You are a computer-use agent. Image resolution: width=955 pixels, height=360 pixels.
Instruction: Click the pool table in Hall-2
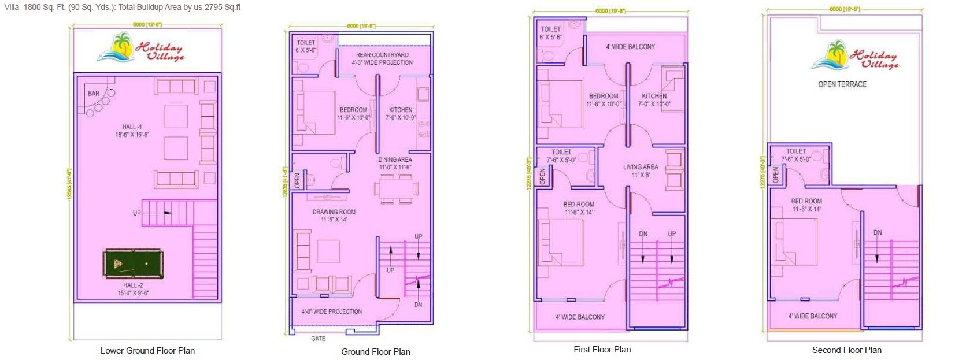tap(133, 264)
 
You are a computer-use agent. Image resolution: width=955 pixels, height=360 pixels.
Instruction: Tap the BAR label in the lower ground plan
tap(94, 93)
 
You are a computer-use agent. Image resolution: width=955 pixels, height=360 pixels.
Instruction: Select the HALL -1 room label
tap(132, 127)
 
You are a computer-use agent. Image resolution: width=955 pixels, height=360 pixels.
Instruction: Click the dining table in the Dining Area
tap(396, 188)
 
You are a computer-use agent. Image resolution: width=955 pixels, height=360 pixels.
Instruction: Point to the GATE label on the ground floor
tap(318, 339)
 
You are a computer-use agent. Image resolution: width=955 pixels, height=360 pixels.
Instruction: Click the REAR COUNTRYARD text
tap(382, 55)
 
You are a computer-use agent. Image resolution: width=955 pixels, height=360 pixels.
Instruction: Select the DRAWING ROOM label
tap(334, 212)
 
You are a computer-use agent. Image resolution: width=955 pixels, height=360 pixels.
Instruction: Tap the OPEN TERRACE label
tap(842, 84)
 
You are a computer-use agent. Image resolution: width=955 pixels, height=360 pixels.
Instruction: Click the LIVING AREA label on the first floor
tap(640, 167)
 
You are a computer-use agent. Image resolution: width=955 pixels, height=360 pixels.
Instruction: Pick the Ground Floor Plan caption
tap(375, 352)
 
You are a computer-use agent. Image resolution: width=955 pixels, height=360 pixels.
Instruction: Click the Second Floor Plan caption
tap(846, 350)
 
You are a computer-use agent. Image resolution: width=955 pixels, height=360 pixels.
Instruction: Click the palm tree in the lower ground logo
tap(122, 46)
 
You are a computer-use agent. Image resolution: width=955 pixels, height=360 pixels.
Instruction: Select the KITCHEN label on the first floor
tap(654, 96)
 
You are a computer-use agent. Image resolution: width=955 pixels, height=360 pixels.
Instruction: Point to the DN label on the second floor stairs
tap(877, 232)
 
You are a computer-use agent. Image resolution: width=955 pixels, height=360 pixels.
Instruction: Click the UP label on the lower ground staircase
tap(136, 213)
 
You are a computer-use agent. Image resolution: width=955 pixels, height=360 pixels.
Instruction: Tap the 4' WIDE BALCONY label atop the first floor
tap(630, 47)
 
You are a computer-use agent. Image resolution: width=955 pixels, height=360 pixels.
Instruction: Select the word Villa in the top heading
tap(12, 8)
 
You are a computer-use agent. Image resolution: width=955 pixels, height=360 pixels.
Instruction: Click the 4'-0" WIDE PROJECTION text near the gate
tap(331, 311)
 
